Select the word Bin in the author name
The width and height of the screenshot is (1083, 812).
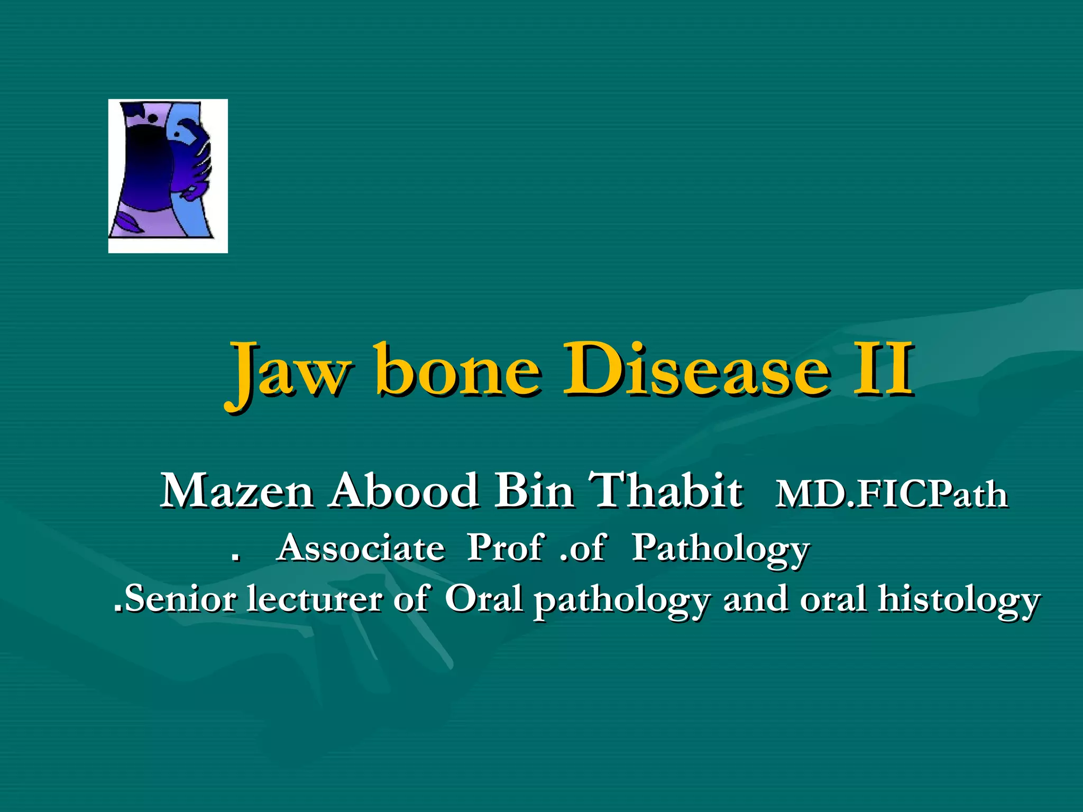click(x=534, y=491)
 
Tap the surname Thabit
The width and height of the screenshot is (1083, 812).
click(x=666, y=491)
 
